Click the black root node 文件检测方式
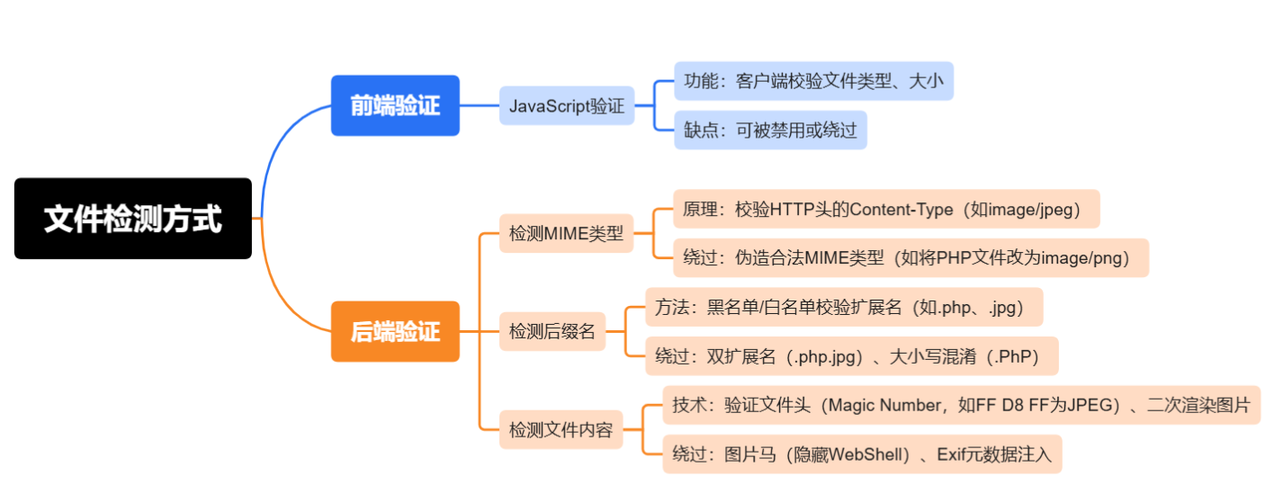(x=132, y=219)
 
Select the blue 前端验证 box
(x=395, y=105)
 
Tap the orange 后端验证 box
(x=395, y=331)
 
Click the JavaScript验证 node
(x=566, y=105)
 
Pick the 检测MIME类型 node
(x=566, y=233)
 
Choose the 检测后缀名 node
(x=552, y=331)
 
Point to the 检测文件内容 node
(x=561, y=429)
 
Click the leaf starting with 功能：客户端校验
(x=813, y=81)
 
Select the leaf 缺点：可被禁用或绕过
(x=770, y=130)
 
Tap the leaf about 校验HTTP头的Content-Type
(x=885, y=209)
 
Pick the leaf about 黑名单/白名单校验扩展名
(x=844, y=307)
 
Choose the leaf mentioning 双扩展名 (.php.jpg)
(x=851, y=356)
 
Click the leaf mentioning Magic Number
(x=961, y=405)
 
